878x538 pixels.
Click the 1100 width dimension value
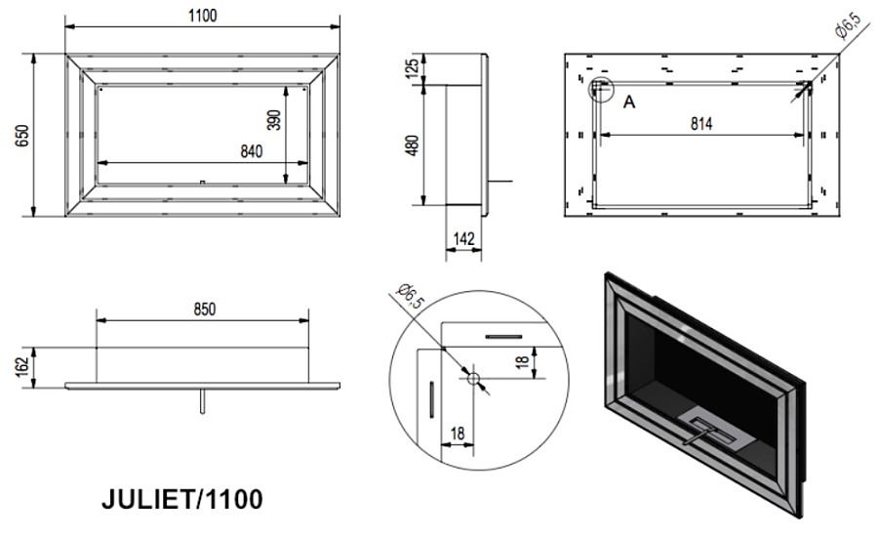pos(202,16)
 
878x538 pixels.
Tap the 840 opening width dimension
pos(252,151)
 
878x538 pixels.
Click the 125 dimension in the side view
pos(412,67)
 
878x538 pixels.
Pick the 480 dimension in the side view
pos(412,145)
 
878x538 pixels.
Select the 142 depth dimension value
pos(463,238)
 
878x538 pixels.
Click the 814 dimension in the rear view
pos(701,123)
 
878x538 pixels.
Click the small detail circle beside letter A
pos(601,90)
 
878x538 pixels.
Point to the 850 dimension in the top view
pos(204,309)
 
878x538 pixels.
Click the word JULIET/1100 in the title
pos(182,500)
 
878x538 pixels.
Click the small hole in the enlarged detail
pos(473,378)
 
